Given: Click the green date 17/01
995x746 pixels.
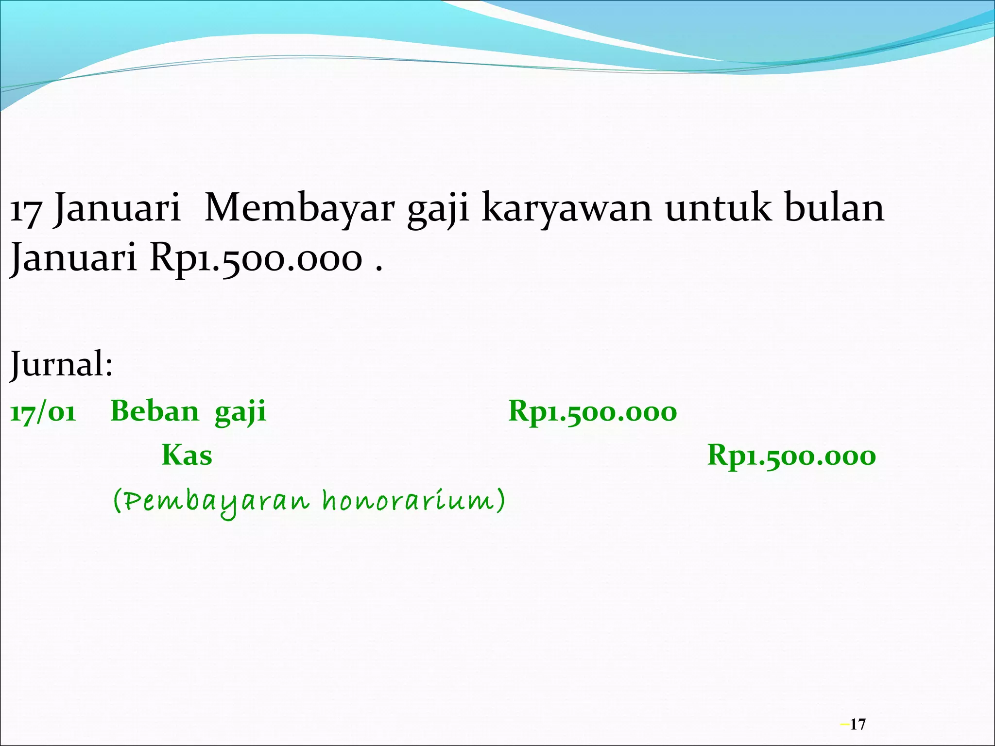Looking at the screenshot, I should point(43,413).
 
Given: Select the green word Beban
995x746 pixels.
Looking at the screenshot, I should point(154,412).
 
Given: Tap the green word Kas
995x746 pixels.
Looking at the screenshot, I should point(187,456).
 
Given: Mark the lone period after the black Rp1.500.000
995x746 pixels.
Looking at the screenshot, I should point(378,269).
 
